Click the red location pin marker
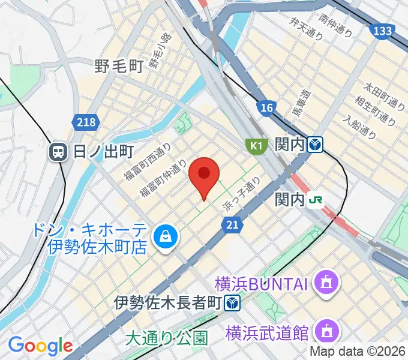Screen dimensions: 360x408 (x=204, y=175)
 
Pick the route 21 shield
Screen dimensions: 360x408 (x=234, y=224)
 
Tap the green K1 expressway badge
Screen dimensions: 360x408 (x=256, y=145)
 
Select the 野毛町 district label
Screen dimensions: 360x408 (x=118, y=65)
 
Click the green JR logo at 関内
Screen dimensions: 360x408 (x=316, y=199)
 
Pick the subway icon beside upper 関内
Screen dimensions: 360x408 (x=316, y=145)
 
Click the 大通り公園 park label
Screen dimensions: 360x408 (x=166, y=338)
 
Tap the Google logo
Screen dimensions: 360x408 (x=40, y=346)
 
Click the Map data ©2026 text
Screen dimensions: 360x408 (x=358, y=352)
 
